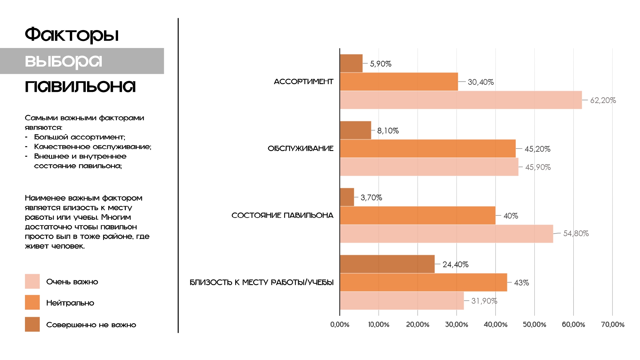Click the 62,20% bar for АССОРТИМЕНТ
461,100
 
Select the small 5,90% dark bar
351,63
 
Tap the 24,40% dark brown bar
387,264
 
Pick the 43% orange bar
423,282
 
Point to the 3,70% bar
347,197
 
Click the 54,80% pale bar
446,234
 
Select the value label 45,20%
537,149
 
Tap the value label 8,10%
388,131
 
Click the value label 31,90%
484,301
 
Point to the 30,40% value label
481,82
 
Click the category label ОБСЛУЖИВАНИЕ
300,148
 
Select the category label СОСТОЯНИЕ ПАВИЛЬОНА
282,215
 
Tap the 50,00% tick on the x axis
534,324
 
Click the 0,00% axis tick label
340,324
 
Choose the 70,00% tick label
612,324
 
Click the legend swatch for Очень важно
32,281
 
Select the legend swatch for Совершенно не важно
32,324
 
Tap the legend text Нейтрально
70,303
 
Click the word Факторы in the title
72,35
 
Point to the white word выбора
63,61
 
